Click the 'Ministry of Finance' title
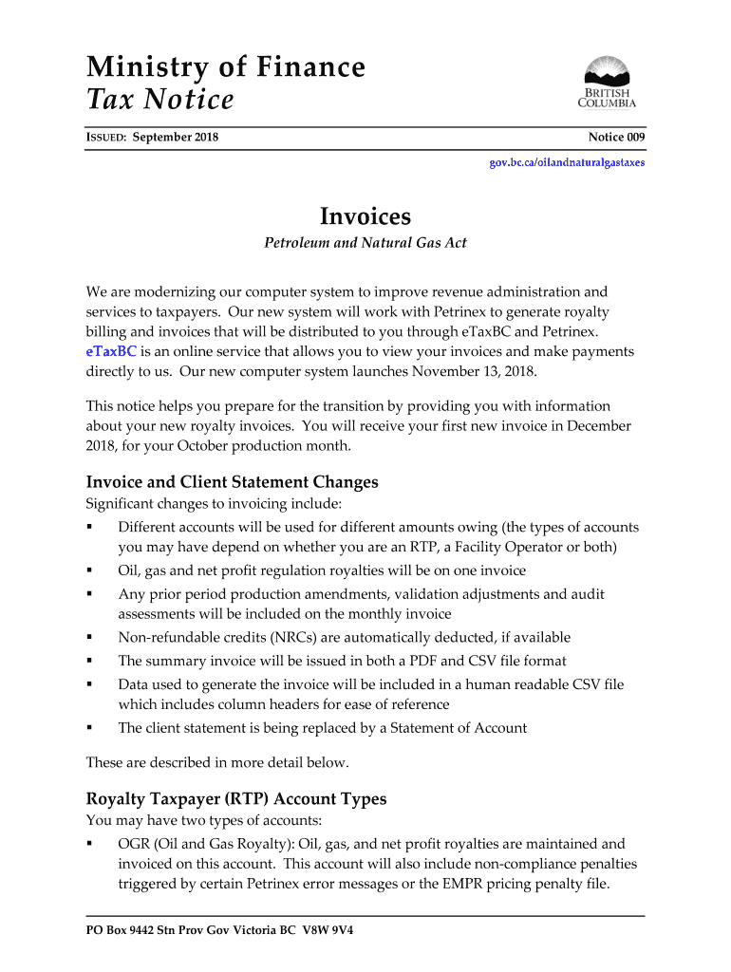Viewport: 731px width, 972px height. (225, 67)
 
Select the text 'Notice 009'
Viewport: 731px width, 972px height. (616, 138)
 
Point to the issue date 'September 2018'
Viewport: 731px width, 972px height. (176, 138)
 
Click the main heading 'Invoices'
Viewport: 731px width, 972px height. (365, 217)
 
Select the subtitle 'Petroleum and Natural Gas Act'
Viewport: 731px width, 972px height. (365, 243)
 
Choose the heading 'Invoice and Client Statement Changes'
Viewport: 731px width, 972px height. (232, 482)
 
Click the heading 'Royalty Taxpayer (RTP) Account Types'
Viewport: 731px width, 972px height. (236, 798)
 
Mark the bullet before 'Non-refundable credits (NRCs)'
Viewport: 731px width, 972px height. (89, 638)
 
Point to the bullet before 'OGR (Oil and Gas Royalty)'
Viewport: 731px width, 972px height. (89, 844)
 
